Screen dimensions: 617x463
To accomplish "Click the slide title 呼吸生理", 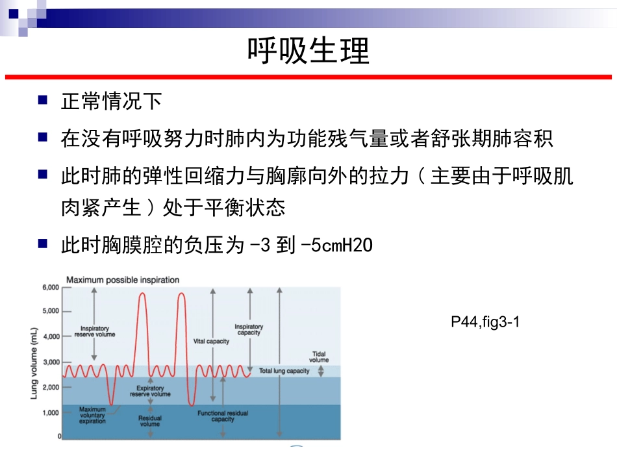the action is click(308, 51).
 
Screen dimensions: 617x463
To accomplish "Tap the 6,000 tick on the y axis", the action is click(51, 287).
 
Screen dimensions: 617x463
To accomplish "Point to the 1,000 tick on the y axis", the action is click(51, 412).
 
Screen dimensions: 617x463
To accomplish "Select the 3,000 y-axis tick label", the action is click(51, 362).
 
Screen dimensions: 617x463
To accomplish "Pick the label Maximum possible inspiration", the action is click(123, 280).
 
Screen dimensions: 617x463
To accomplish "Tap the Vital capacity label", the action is click(212, 342).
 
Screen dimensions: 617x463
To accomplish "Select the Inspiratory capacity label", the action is click(249, 330).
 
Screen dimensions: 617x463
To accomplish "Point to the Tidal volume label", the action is click(319, 357).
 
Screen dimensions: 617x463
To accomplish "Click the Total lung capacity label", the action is click(284, 371).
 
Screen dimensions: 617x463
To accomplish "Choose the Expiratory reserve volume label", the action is click(150, 392).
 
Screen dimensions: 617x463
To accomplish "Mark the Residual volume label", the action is click(149, 421).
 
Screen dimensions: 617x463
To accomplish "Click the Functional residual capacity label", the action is click(223, 416).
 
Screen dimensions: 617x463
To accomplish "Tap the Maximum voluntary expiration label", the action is click(92, 416).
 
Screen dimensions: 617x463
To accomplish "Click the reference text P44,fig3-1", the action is click(486, 323).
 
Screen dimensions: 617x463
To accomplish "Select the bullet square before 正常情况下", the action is click(43, 101).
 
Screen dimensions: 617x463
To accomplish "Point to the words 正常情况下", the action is click(111, 102).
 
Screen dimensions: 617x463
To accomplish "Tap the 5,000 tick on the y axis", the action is click(51, 312).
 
